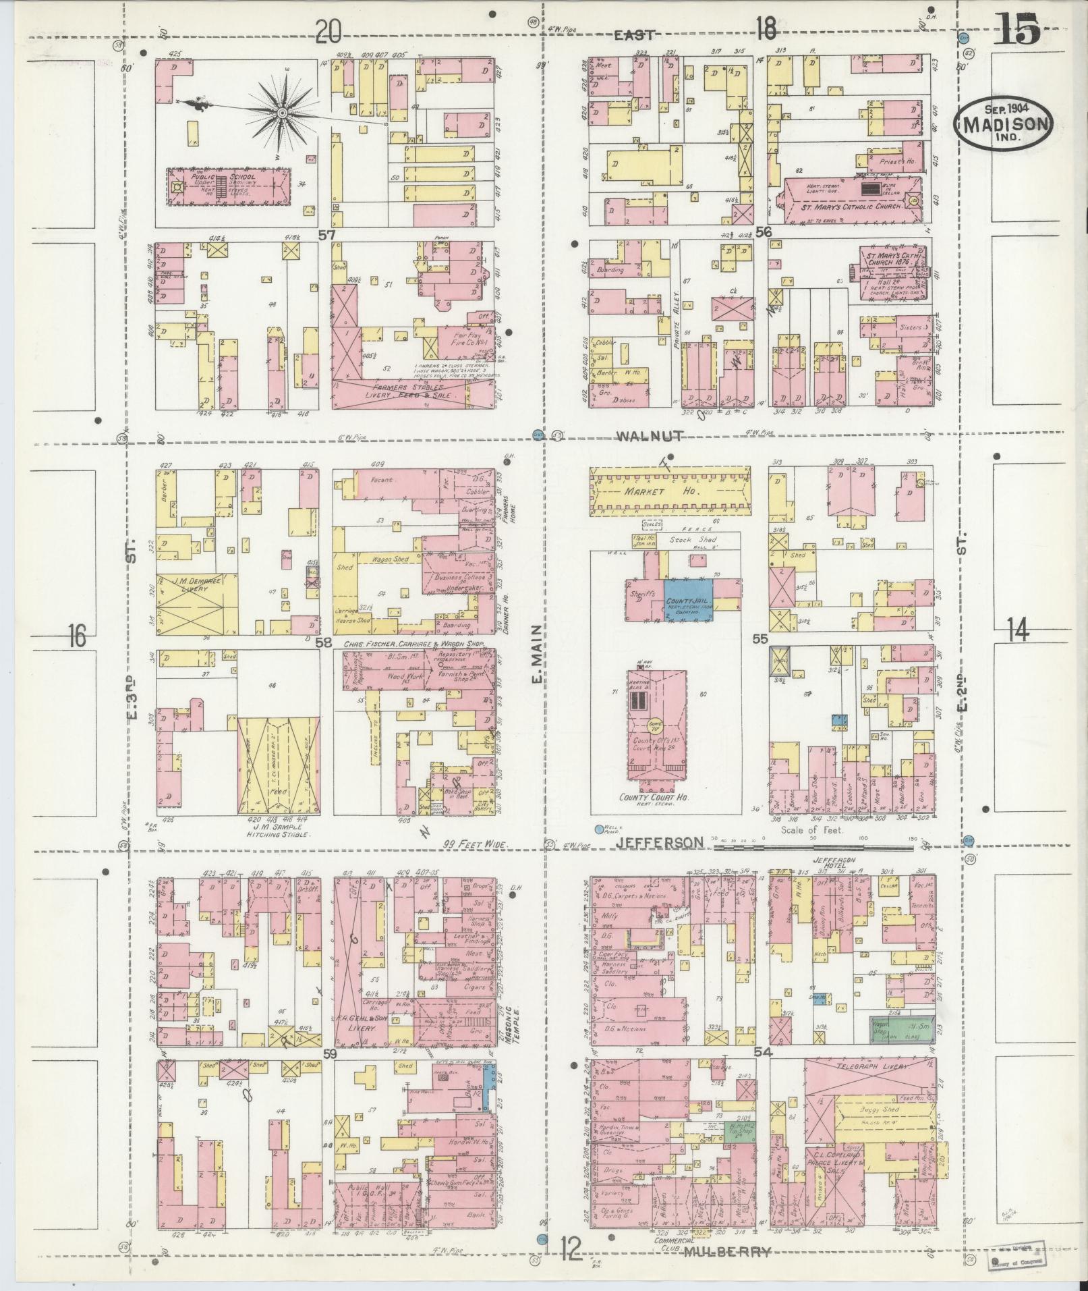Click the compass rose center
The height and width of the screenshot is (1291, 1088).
click(x=282, y=113)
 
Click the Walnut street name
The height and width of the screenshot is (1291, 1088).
click(x=650, y=436)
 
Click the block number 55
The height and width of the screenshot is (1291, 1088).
click(x=760, y=639)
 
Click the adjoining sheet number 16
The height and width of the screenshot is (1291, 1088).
click(x=78, y=635)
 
